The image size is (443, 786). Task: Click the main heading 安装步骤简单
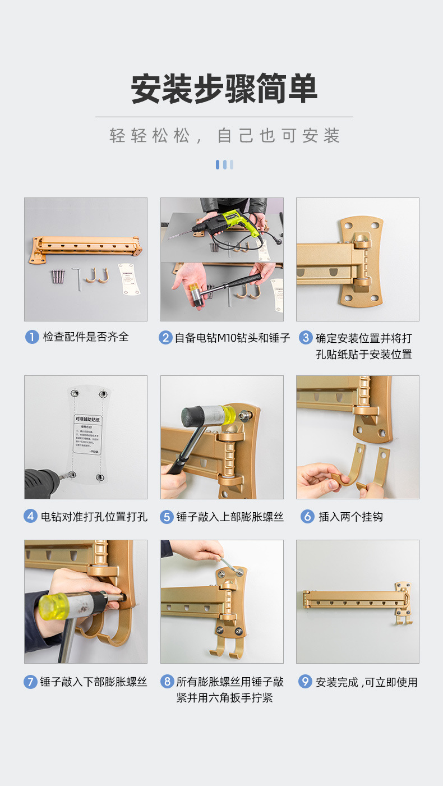point(224,89)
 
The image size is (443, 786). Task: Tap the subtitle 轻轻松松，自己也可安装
point(224,136)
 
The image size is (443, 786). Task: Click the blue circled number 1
point(31,337)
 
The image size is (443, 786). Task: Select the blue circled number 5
point(167,517)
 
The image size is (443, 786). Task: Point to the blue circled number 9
point(304,682)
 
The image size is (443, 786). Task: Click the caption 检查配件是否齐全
point(86,337)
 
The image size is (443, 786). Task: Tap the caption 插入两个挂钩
point(350,517)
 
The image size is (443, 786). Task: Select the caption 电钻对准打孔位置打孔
point(94,517)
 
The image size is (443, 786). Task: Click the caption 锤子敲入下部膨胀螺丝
point(93,682)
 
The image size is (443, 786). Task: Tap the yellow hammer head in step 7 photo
point(53,605)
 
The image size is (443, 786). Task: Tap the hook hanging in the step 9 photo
point(402,615)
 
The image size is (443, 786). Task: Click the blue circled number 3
point(306,338)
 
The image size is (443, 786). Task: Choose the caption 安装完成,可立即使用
point(366,682)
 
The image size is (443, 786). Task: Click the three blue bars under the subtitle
point(224,164)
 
